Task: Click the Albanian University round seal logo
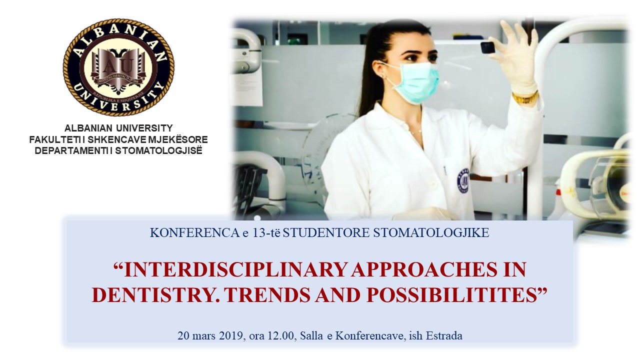pos(118,67)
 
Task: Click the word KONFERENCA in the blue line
pos(195,233)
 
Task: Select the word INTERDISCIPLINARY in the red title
pos(235,269)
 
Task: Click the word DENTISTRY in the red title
pos(155,295)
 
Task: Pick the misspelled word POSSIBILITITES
pos(450,295)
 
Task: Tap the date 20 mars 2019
pos(211,335)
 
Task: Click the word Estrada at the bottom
pos(444,335)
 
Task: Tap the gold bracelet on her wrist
pos(525,97)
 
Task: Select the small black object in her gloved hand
pos(487,47)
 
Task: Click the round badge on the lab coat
pos(463,180)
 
